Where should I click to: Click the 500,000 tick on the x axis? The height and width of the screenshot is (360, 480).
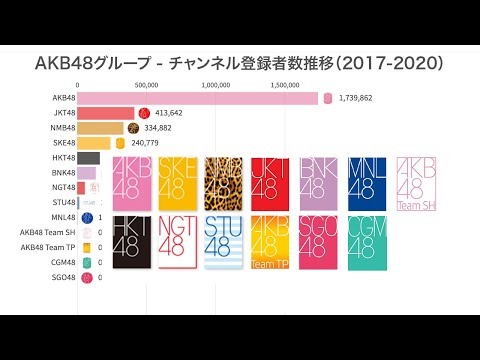[147, 85]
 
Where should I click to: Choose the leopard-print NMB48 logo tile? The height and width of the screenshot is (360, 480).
[223, 182]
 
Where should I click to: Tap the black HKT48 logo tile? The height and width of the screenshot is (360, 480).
[133, 243]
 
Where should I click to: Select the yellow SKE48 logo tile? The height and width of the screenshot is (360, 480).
[175, 182]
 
